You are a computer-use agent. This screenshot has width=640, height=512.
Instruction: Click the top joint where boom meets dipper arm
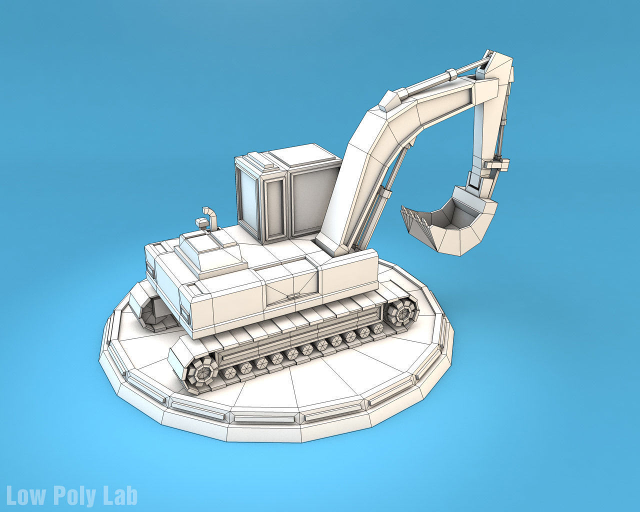497,67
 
